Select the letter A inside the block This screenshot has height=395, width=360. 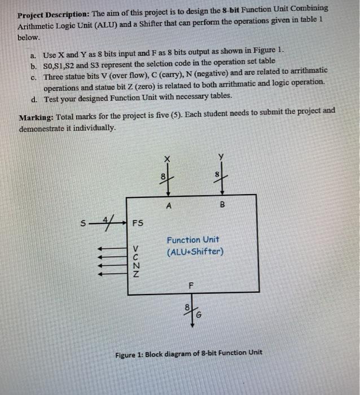(x=168, y=206)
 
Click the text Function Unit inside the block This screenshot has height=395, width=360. (x=193, y=240)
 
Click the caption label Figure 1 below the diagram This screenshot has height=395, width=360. (x=130, y=354)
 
